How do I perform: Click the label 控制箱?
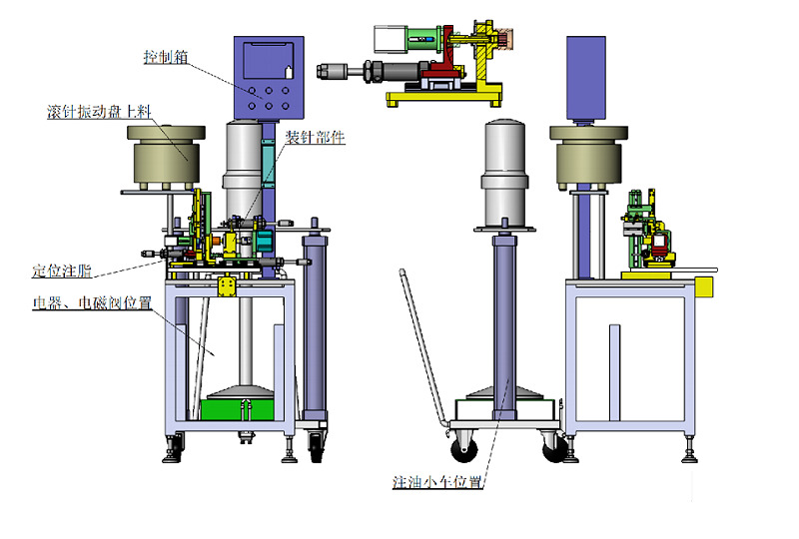(x=166, y=57)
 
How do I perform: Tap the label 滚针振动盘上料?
(x=99, y=112)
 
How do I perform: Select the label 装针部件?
(x=315, y=137)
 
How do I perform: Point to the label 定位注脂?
(x=62, y=270)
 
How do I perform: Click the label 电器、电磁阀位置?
(x=92, y=302)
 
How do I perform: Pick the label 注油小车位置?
(x=437, y=481)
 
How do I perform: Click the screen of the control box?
(x=269, y=61)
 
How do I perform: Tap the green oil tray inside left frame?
(x=237, y=409)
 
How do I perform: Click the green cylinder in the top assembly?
(x=423, y=39)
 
